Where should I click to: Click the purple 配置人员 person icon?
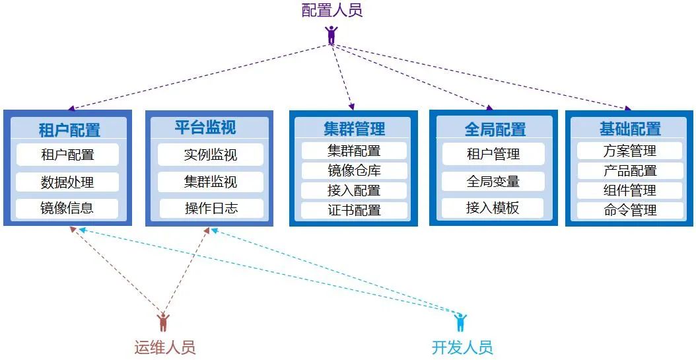pyautogui.click(x=331, y=34)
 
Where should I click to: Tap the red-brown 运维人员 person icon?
pyautogui.click(x=163, y=323)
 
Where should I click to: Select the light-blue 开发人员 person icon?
pyautogui.click(x=460, y=323)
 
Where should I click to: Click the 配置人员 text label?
pyautogui.click(x=332, y=11)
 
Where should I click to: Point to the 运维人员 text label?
pyautogui.click(x=165, y=347)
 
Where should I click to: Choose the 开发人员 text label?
pyautogui.click(x=462, y=347)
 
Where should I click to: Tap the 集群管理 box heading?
pyautogui.click(x=354, y=128)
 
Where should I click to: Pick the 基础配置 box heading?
pyautogui.click(x=630, y=128)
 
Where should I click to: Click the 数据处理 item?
pyautogui.click(x=67, y=182)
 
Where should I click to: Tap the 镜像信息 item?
pyautogui.click(x=67, y=208)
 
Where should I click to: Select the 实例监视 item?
pyautogui.click(x=211, y=155)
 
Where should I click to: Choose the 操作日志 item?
pyautogui.click(x=211, y=209)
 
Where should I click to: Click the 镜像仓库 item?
pyautogui.click(x=354, y=170)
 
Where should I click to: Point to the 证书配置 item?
pyautogui.click(x=354, y=211)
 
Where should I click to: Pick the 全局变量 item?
pyautogui.click(x=493, y=181)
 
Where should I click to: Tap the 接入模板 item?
pyautogui.click(x=493, y=208)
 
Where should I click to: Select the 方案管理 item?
pyautogui.click(x=630, y=151)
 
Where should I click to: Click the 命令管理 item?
pyautogui.click(x=630, y=211)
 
